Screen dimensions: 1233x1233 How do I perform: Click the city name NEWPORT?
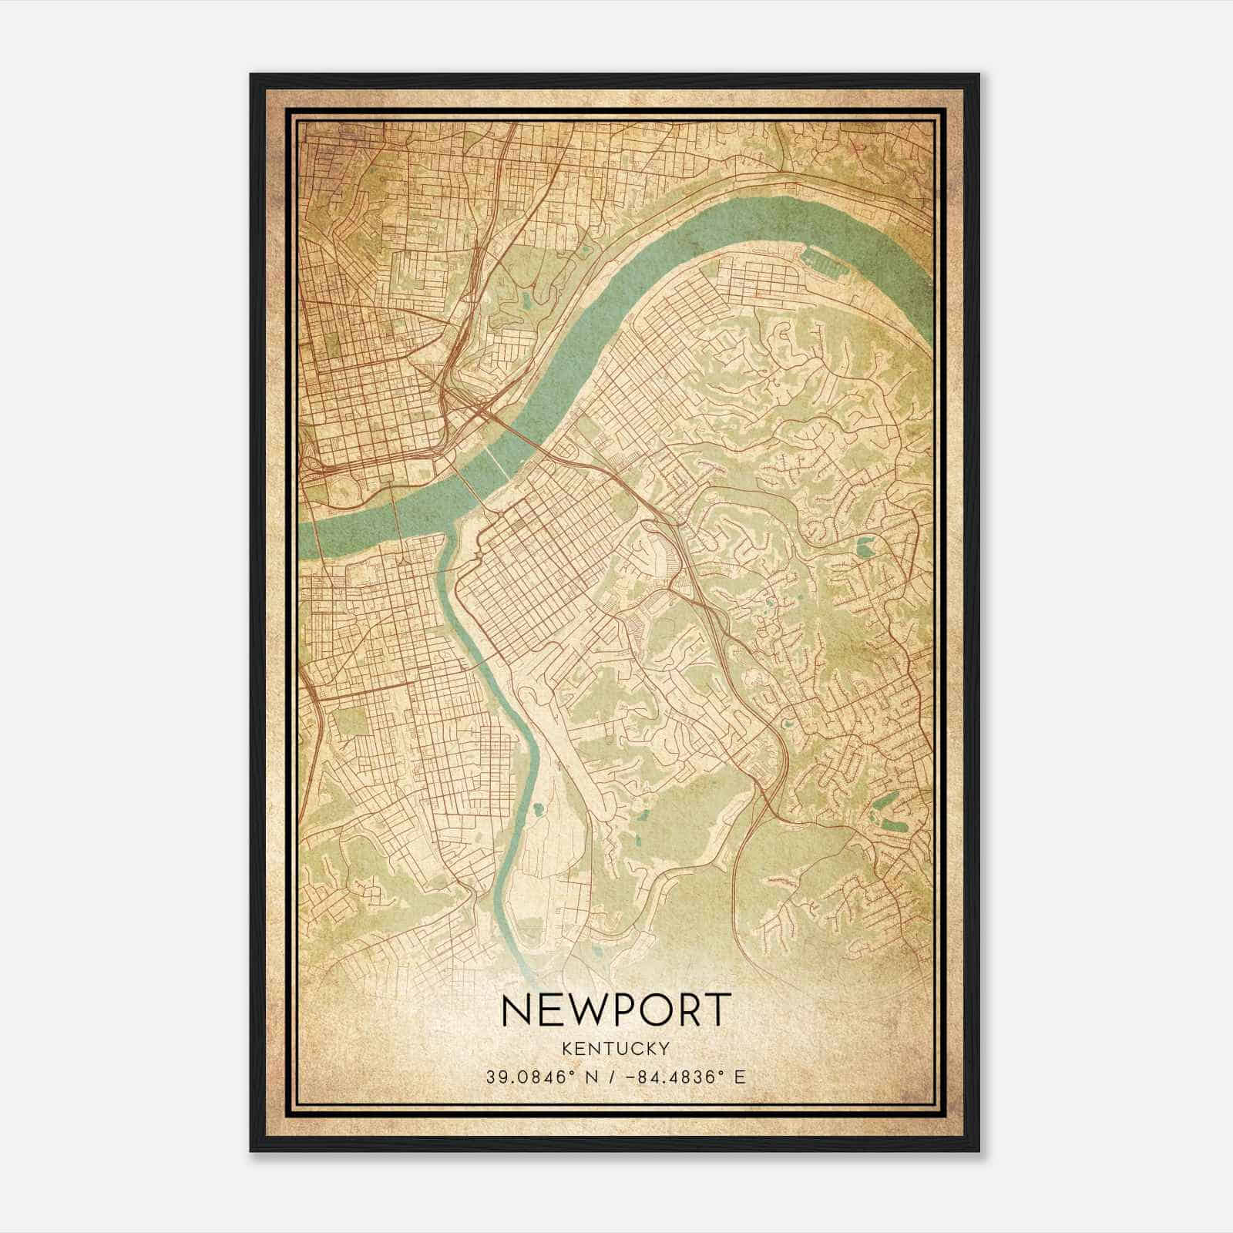pyautogui.click(x=616, y=1010)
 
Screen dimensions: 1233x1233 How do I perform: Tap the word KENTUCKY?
pyautogui.click(x=616, y=1048)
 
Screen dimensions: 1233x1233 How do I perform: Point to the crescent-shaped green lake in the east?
pyautogui.click(x=865, y=547)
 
